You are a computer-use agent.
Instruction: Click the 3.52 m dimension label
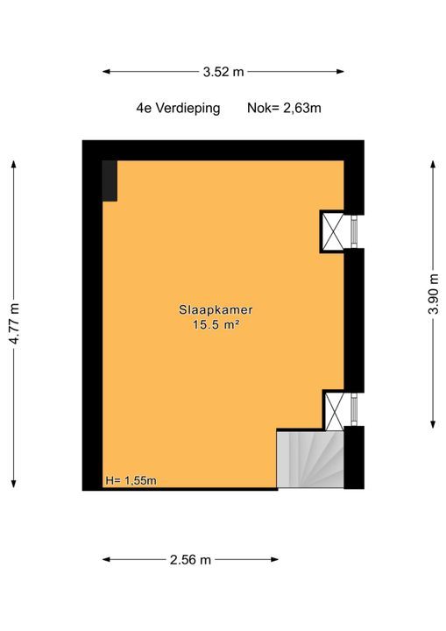(x=223, y=72)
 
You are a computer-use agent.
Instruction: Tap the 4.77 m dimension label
(x=15, y=323)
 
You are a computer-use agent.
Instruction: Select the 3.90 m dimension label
(x=434, y=294)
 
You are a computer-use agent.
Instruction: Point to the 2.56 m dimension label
(x=190, y=560)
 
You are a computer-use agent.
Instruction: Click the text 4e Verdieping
(x=178, y=109)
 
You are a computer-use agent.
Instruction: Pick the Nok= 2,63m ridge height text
(x=284, y=109)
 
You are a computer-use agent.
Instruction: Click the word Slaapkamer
(x=216, y=310)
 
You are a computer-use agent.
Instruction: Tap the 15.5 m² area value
(x=216, y=324)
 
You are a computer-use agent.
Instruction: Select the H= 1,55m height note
(x=131, y=480)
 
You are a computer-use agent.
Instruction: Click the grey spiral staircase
(x=310, y=459)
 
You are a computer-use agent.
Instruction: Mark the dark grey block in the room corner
(x=110, y=181)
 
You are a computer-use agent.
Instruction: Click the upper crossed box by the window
(x=333, y=231)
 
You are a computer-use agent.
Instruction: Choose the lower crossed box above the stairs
(x=335, y=410)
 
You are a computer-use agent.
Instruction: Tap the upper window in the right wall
(x=354, y=231)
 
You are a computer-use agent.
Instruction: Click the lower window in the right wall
(x=354, y=409)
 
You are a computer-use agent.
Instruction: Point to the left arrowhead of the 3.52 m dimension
(x=106, y=72)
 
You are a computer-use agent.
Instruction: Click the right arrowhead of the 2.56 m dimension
(x=274, y=559)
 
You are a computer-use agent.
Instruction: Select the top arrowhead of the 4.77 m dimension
(x=14, y=165)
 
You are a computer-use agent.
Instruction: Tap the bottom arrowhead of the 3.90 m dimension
(x=433, y=424)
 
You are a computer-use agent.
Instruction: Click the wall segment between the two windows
(x=354, y=321)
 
